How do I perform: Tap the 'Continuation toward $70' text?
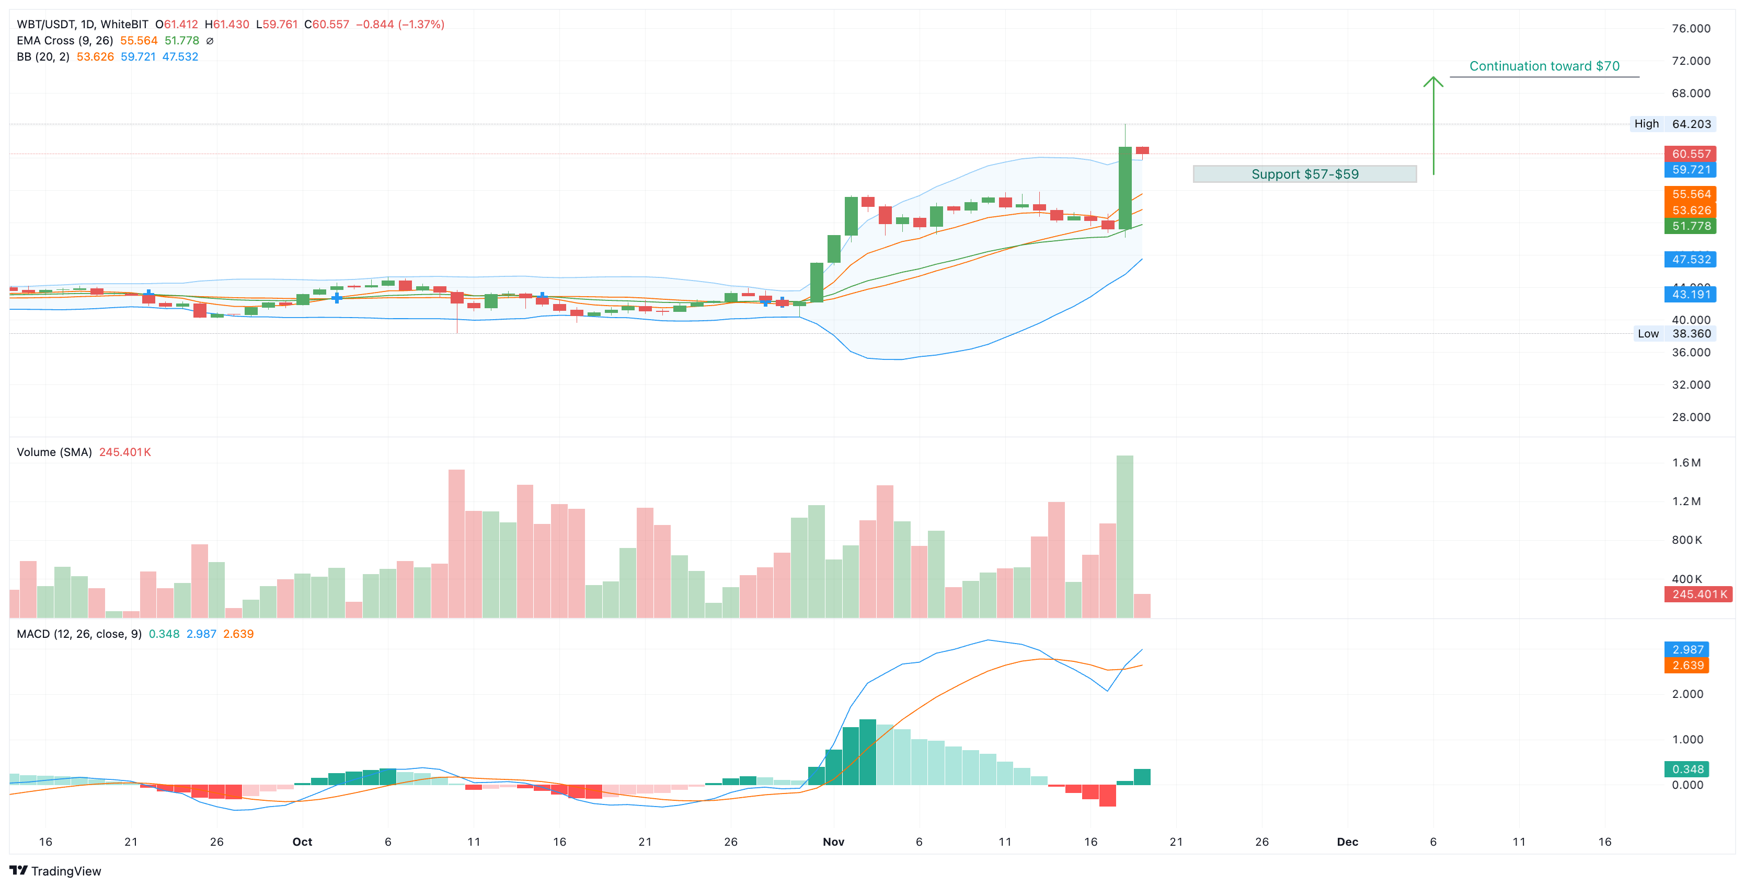1544,66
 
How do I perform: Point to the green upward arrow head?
1433,82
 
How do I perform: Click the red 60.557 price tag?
1690,154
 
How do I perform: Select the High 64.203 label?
1671,124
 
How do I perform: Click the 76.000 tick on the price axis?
1690,28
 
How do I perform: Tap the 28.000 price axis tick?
1690,417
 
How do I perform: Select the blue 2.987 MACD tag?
1687,649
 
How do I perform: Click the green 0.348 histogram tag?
1687,769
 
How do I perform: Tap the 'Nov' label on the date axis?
833,842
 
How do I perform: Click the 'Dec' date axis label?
1347,842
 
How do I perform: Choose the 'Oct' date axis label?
302,842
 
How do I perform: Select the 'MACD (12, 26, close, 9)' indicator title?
79,634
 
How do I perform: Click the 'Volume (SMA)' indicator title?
54,452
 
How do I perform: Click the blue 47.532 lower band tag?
1690,259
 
